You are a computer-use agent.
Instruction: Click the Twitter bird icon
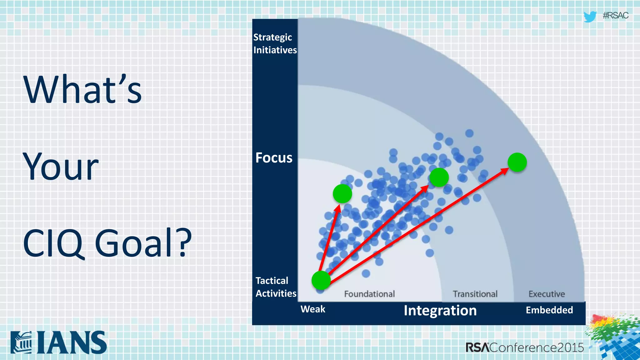tap(590, 16)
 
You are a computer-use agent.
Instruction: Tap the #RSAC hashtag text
tap(615, 16)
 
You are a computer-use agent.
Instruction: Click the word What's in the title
tap(82, 90)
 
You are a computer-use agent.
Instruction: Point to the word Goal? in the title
tap(143, 243)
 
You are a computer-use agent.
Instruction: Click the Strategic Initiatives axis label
tap(275, 43)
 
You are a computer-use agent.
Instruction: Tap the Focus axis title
tap(274, 157)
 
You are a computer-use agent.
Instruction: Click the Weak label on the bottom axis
tap(313, 309)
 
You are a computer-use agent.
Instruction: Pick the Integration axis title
tap(440, 310)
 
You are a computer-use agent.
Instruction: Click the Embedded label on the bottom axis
tap(549, 310)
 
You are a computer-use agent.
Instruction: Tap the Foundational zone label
tap(369, 294)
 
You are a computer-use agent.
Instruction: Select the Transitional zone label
tap(475, 294)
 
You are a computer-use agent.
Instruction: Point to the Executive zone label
tap(547, 294)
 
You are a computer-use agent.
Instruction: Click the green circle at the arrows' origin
tap(321, 280)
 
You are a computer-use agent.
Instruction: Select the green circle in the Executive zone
tap(517, 162)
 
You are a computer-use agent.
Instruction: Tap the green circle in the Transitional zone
tap(439, 177)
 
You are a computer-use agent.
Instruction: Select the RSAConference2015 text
tap(524, 347)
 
